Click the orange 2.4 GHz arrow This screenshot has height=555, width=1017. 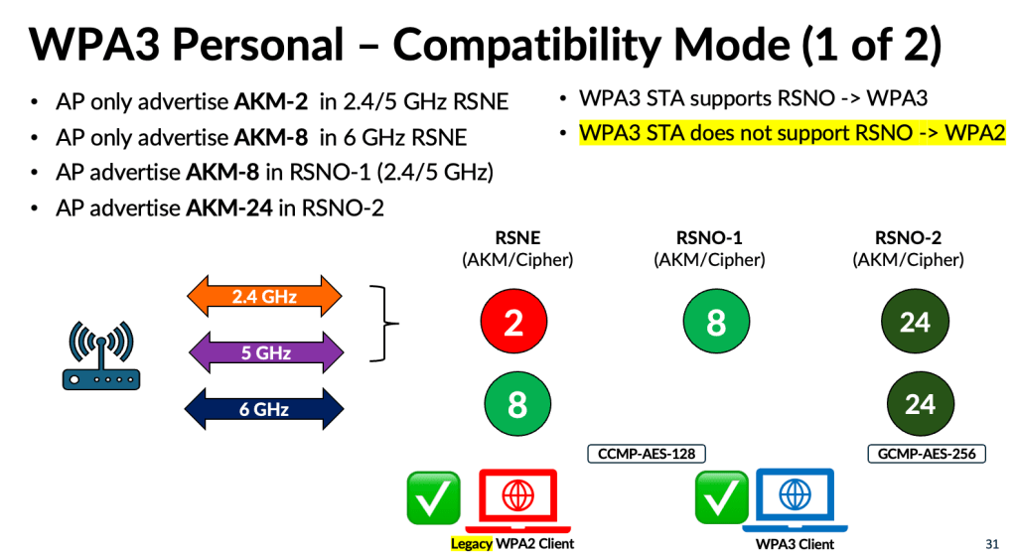point(264,296)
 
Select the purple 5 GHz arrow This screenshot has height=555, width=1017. point(266,352)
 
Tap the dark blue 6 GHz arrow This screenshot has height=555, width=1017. point(264,408)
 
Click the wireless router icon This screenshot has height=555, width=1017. point(101,355)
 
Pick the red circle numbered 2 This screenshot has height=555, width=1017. point(513,322)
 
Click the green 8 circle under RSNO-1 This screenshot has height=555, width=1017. point(716,322)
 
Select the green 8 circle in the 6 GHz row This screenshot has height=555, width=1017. point(517,404)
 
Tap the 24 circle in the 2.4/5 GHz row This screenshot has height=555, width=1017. point(915,322)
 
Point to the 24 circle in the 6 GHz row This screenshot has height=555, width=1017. point(921,404)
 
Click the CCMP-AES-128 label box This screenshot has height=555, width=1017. point(646,453)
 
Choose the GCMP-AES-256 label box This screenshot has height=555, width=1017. point(927,453)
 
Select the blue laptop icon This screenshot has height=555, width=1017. point(796,499)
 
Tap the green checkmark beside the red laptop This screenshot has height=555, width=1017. point(433,498)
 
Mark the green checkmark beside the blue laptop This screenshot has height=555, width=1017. point(721,497)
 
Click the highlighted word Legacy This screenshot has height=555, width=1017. point(472,543)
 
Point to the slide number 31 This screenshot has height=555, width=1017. point(992,543)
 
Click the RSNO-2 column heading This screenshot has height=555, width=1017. point(908,238)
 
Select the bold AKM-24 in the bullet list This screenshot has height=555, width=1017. point(229,208)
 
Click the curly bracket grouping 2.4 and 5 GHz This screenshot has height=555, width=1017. point(384,323)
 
